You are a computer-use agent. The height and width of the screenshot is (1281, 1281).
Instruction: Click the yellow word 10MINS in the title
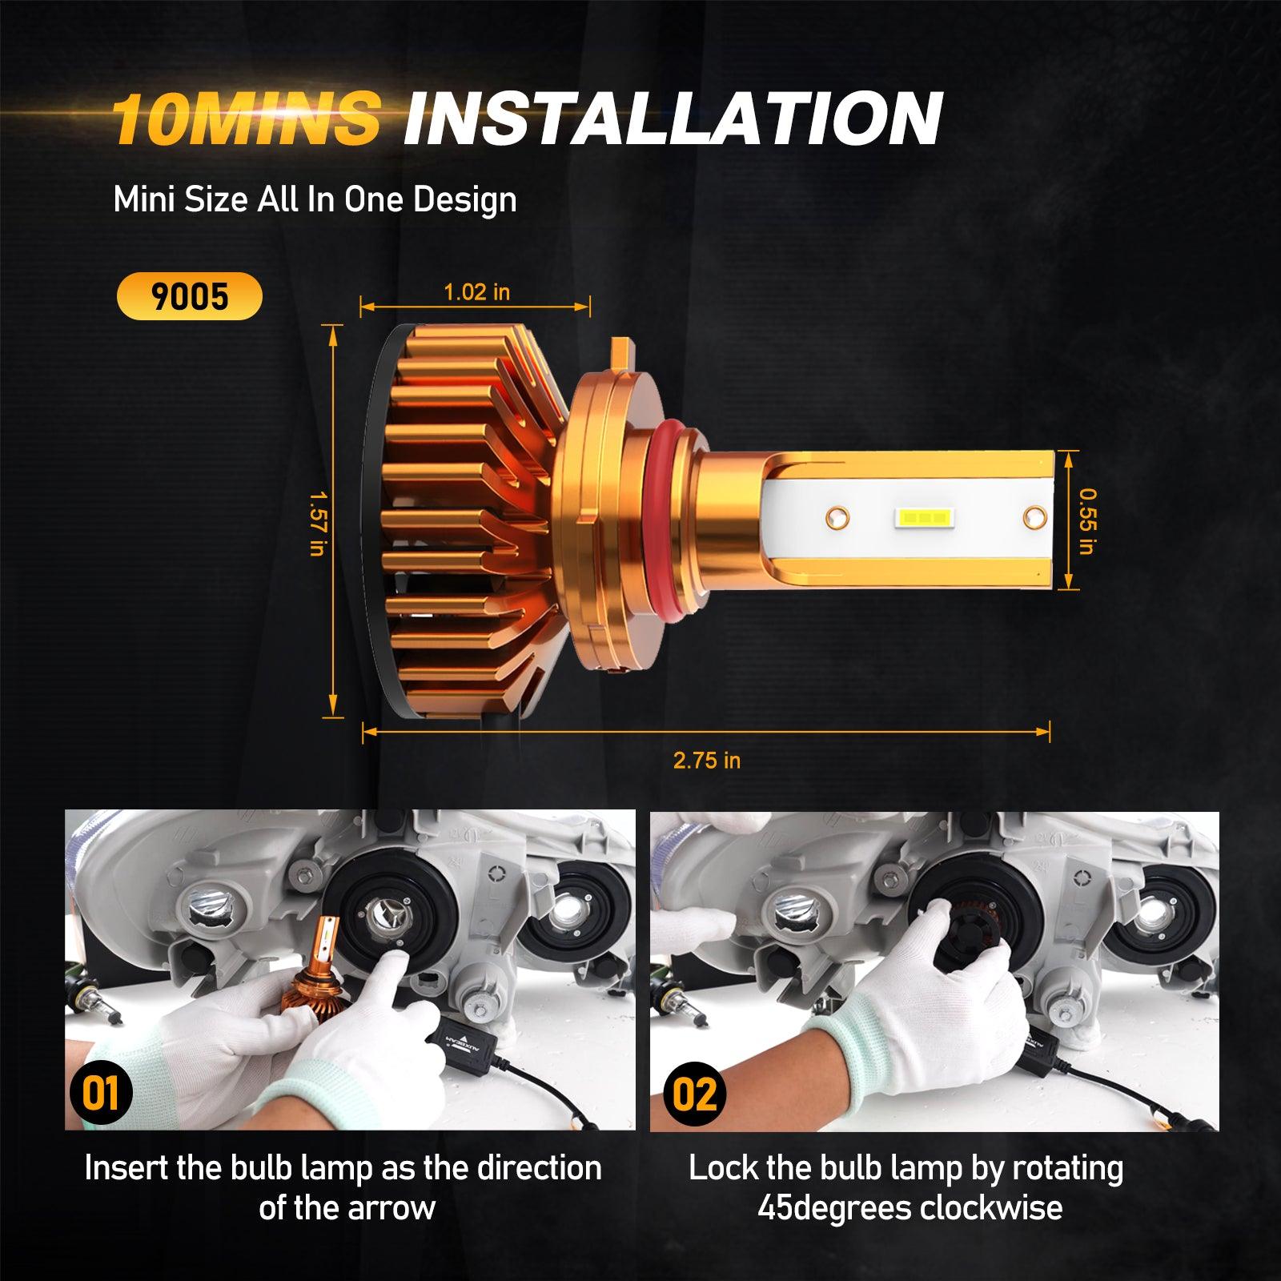click(x=244, y=118)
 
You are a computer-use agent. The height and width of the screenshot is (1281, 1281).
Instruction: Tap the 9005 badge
click(x=190, y=296)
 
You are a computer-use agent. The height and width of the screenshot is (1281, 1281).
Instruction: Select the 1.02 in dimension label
click(x=476, y=292)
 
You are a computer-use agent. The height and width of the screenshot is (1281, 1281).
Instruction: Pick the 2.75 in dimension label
click(x=706, y=760)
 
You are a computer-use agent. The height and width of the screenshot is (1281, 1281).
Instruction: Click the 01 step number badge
click(x=100, y=1094)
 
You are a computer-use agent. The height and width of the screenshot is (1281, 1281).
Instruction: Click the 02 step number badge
click(x=693, y=1094)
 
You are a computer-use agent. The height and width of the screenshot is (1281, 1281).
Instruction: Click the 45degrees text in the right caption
click(x=834, y=1207)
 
